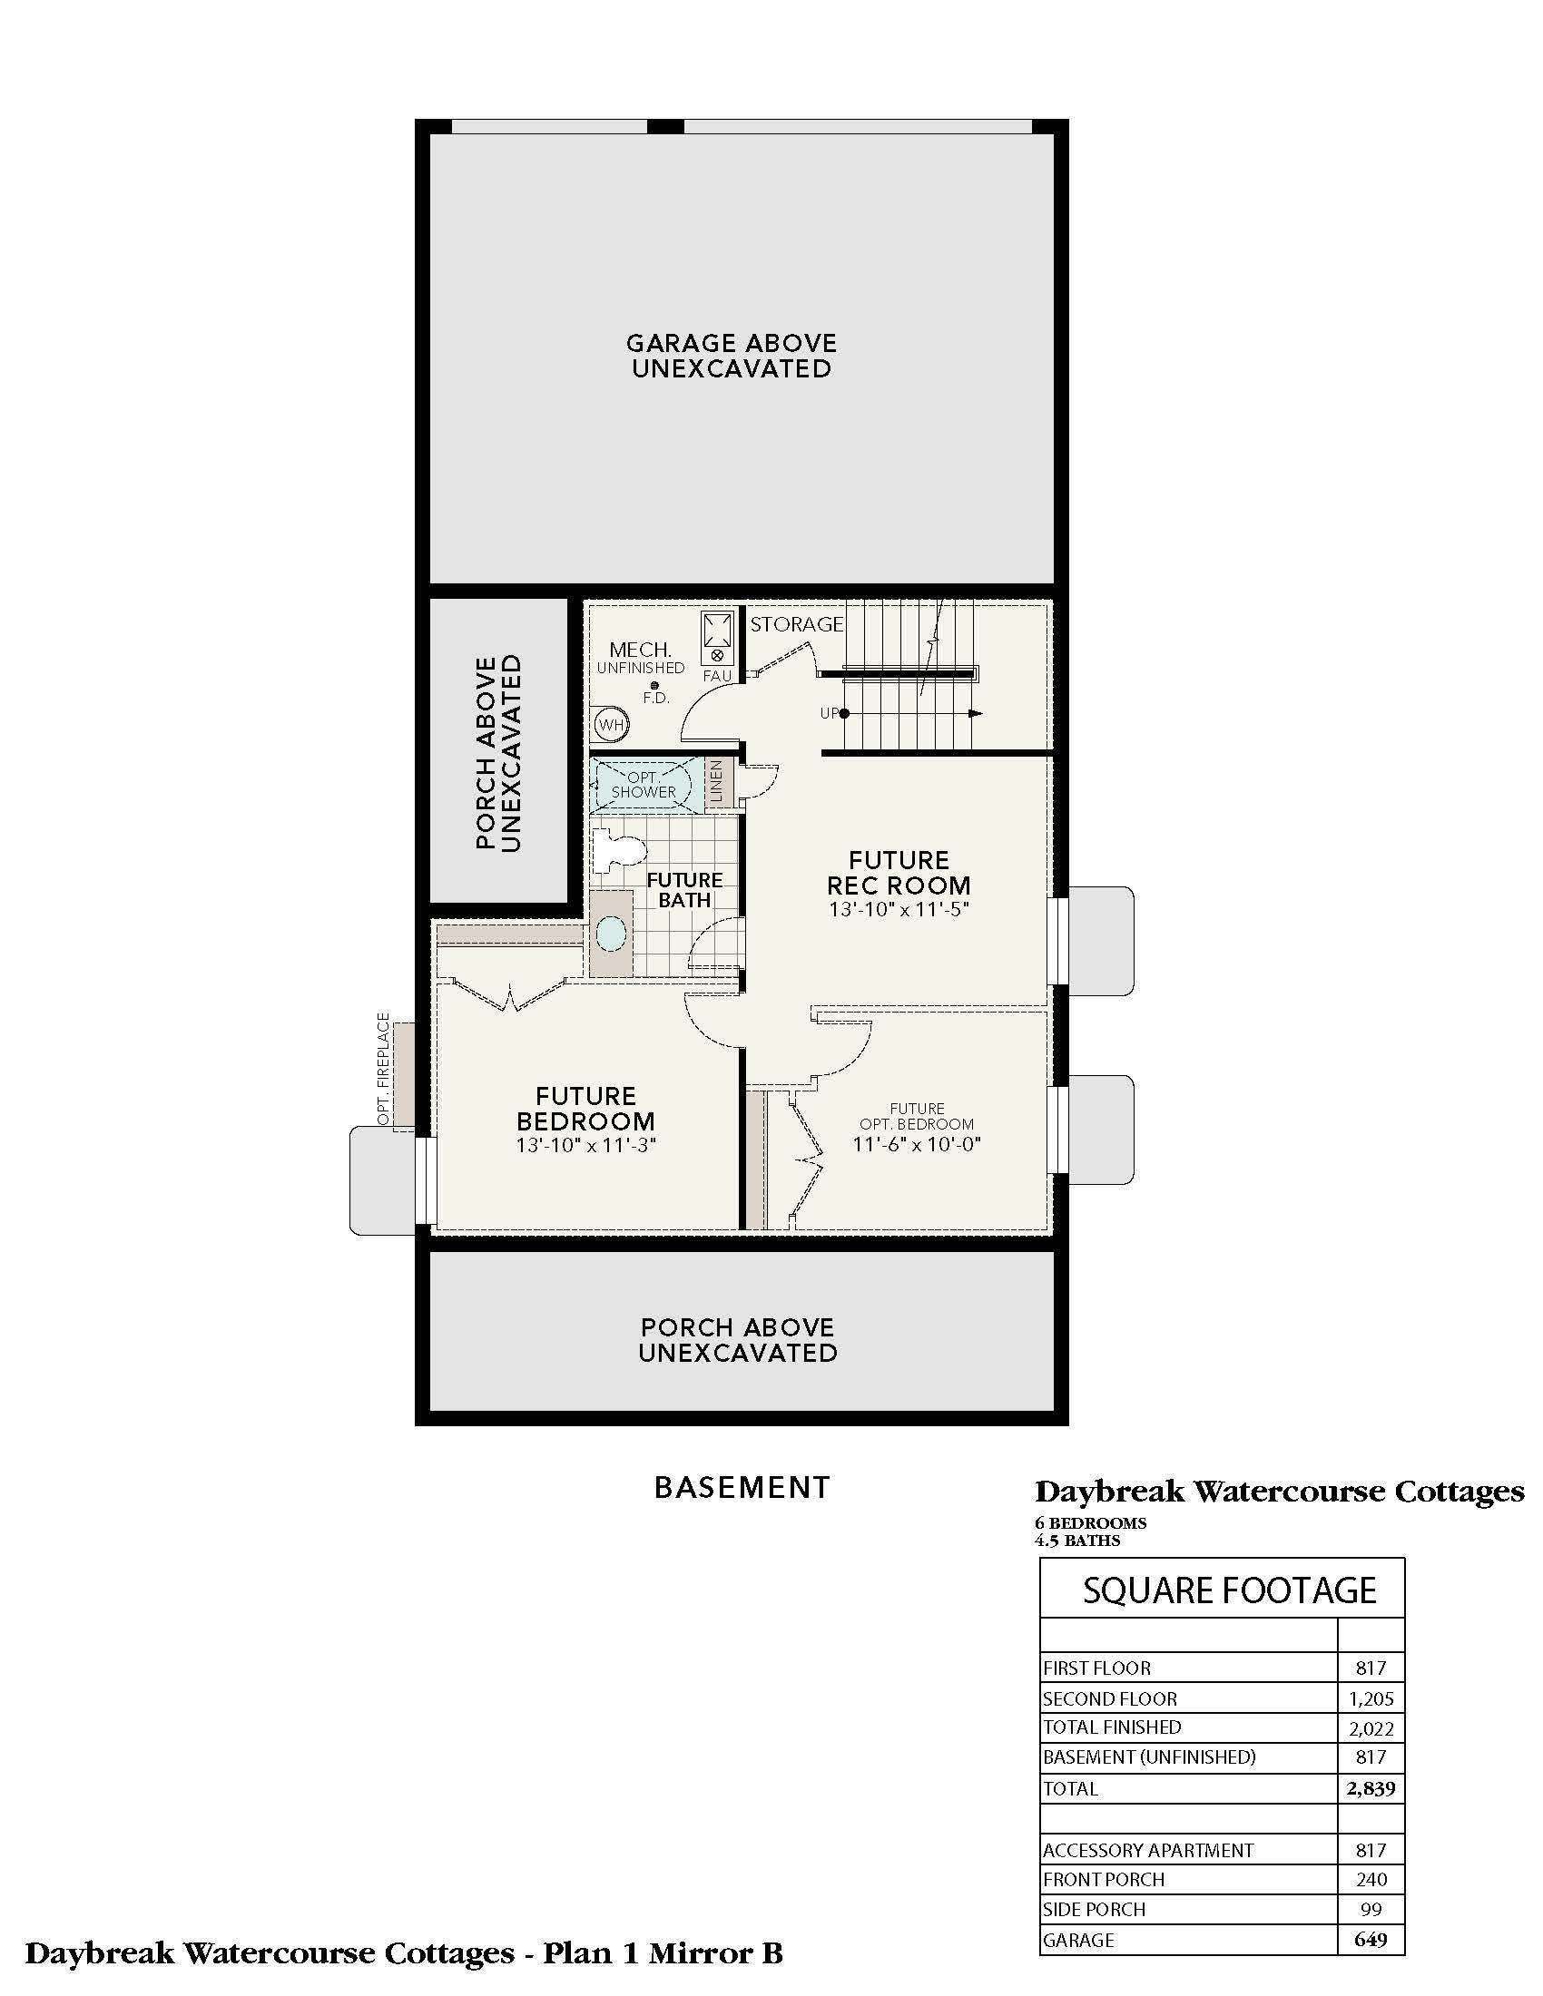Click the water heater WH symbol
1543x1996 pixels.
click(x=612, y=726)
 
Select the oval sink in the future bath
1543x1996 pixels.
click(x=611, y=934)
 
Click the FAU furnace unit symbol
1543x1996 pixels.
click(x=717, y=638)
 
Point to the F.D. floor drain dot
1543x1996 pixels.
click(x=654, y=685)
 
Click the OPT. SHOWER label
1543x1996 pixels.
click(x=644, y=785)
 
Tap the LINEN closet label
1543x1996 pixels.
click(x=718, y=782)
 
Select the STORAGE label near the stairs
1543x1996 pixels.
click(x=796, y=624)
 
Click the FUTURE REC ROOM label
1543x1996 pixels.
click(x=899, y=873)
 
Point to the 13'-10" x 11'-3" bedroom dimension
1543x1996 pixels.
click(x=586, y=1145)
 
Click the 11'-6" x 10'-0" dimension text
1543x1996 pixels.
click(x=917, y=1144)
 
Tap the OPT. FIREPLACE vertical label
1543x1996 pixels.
click(x=383, y=1069)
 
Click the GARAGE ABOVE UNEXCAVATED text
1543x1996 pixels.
click(x=732, y=356)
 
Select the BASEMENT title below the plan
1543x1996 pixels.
click(x=742, y=1488)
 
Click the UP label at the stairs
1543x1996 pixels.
click(x=829, y=713)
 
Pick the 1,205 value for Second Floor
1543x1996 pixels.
click(x=1371, y=1698)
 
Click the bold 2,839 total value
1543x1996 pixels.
click(x=1371, y=1787)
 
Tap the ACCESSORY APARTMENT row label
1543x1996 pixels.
click(x=1148, y=1850)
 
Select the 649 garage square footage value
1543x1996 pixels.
click(x=1371, y=1940)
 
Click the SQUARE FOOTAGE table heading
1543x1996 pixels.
click(x=1230, y=1590)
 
